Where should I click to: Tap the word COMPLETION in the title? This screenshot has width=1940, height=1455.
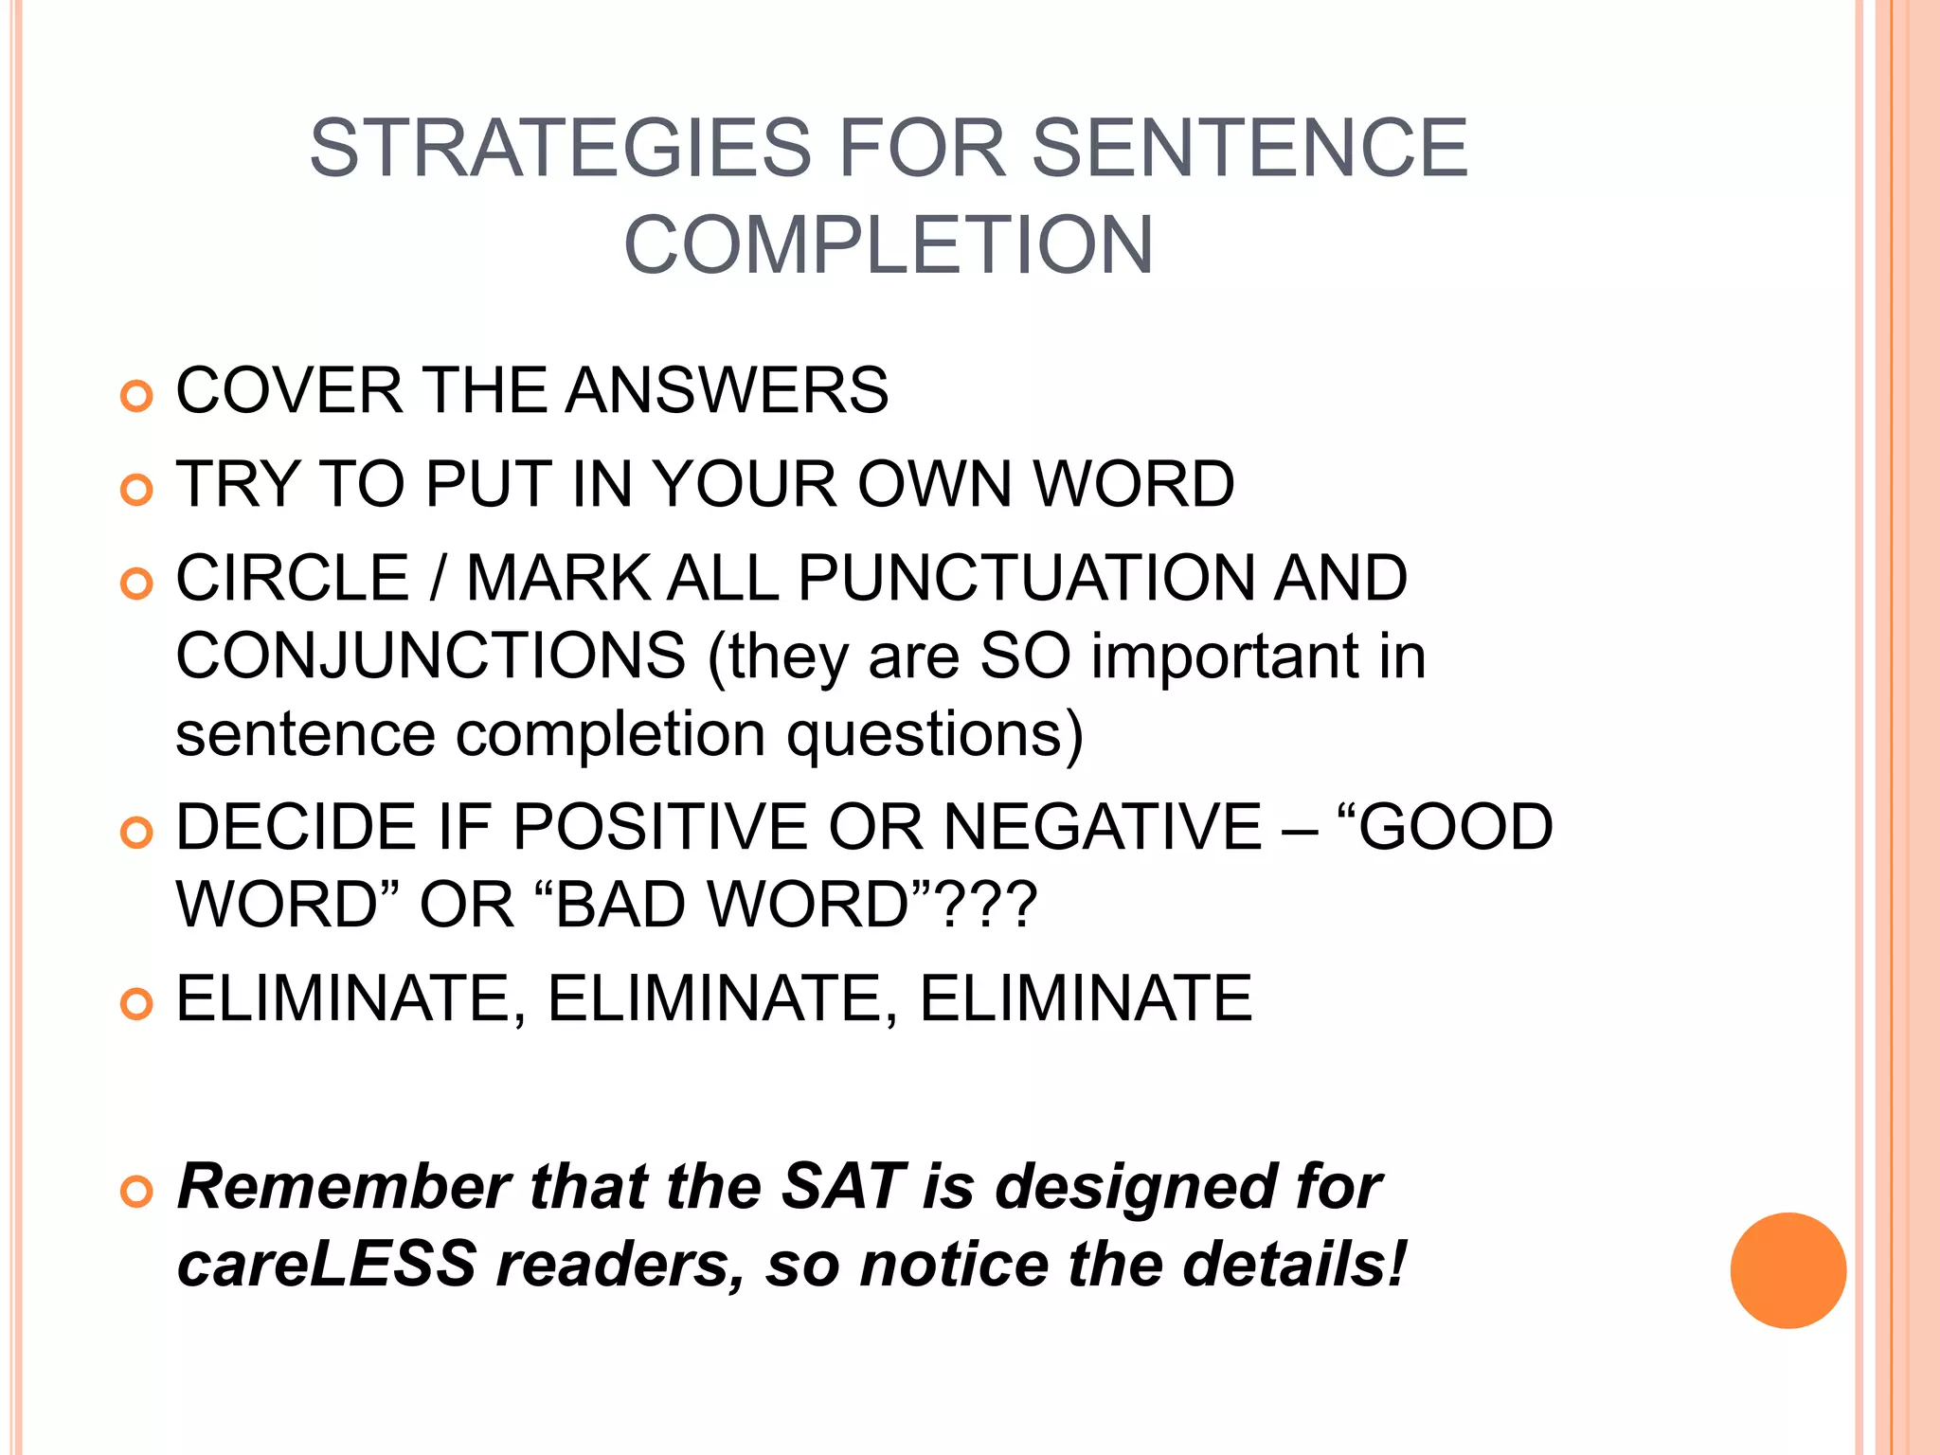click(x=889, y=244)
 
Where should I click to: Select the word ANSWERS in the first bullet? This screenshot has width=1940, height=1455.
click(x=727, y=390)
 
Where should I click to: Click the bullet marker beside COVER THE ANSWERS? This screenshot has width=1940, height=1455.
click(x=137, y=395)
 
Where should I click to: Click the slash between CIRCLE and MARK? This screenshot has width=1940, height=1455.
click(x=437, y=578)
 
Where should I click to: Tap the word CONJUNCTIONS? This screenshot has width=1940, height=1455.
click(x=431, y=656)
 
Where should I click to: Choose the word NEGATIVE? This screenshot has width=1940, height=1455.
click(x=1103, y=827)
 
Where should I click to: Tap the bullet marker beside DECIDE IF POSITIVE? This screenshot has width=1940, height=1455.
click(x=137, y=833)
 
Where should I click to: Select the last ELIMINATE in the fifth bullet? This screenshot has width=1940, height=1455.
click(x=1086, y=998)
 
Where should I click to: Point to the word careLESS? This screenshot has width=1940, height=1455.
click(x=326, y=1264)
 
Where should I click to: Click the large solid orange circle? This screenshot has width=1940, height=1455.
click(x=1787, y=1270)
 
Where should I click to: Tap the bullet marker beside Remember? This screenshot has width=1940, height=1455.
click(x=137, y=1192)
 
